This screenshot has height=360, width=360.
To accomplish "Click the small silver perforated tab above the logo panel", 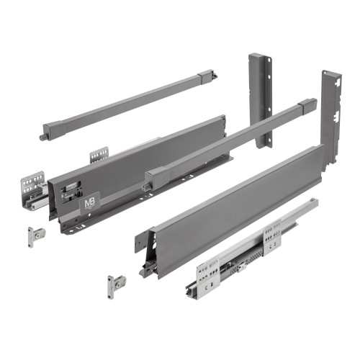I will point(99,154).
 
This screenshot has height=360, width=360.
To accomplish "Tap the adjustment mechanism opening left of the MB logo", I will point(71,191).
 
